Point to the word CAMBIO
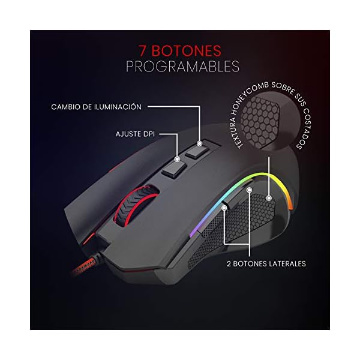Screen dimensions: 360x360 [x=67, y=107]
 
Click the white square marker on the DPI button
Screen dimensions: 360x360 [x=177, y=160]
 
